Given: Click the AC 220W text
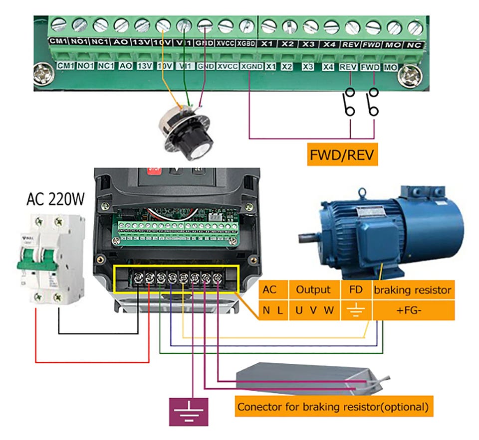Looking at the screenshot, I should (55, 200).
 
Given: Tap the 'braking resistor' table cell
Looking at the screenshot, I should (413, 290).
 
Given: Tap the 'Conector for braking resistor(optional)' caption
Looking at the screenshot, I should (333, 407).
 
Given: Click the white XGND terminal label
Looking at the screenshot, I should (251, 66).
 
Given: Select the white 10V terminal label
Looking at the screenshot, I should (165, 66).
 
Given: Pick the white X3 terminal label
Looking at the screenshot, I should (308, 66).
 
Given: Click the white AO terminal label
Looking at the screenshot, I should (126, 66).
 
